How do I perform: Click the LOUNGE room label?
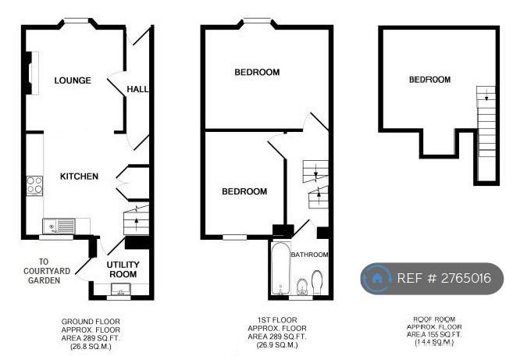73,80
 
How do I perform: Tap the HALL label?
137,89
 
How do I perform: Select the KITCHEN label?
79,176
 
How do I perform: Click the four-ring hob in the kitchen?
34,185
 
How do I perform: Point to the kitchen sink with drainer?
59,226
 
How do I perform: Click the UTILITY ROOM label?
123,269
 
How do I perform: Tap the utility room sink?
121,289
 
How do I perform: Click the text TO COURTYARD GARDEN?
44,271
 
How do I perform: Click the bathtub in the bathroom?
281,269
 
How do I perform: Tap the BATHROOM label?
309,255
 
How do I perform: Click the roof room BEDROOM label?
429,80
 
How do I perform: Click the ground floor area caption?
91,334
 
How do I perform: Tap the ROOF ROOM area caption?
434,331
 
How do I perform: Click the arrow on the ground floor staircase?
136,224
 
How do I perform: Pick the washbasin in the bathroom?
302,287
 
